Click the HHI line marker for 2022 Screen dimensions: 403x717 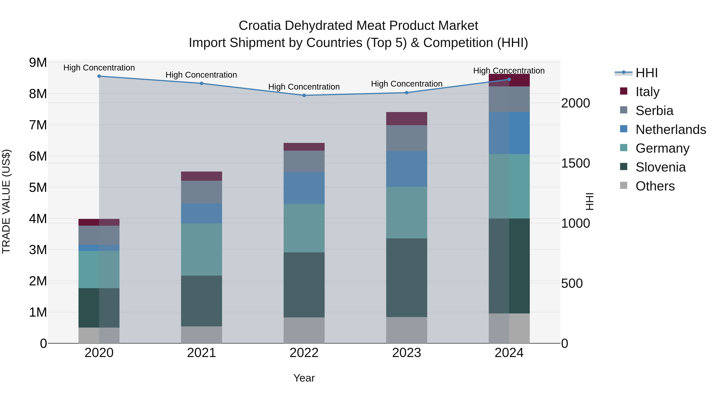tap(304, 95)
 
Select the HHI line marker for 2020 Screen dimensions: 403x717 tap(99, 76)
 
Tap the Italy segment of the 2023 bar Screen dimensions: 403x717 tap(406, 119)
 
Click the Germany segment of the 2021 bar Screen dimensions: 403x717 tap(202, 250)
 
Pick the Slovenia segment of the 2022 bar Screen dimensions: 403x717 tap(304, 285)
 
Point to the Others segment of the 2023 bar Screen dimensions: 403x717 tap(406, 330)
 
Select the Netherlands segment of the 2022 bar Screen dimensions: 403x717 tap(304, 188)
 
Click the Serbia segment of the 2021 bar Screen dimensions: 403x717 tap(202, 192)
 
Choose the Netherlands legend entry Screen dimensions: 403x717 tap(671, 130)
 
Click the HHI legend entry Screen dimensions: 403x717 tap(646, 73)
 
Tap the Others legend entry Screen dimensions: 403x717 tap(655, 186)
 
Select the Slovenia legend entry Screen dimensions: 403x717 tap(660, 167)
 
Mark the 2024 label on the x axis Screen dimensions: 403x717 tap(509, 353)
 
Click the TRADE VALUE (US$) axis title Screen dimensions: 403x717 tap(6, 201)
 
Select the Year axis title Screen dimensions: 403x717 tap(304, 378)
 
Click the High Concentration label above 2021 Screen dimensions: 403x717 tap(201, 75)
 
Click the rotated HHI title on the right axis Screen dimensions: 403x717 tap(590, 201)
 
